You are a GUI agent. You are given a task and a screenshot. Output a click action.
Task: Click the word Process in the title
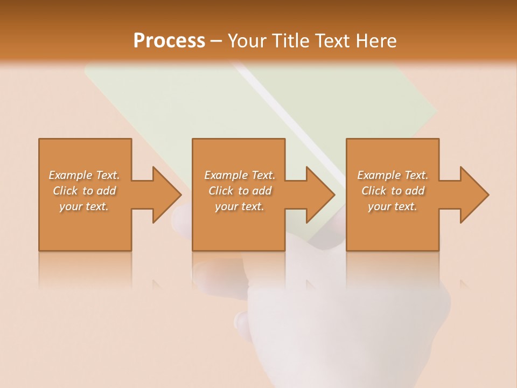pyautogui.click(x=169, y=40)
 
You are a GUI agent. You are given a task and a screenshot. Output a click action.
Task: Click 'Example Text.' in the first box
pyautogui.click(x=84, y=175)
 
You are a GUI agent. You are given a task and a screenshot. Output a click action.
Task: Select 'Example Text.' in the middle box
pyautogui.click(x=240, y=175)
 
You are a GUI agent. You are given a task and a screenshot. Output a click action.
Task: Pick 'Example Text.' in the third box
pyautogui.click(x=393, y=175)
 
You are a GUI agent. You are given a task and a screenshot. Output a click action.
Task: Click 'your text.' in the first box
pyautogui.click(x=84, y=206)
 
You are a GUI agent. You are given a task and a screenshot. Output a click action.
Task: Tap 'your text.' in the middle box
pyautogui.click(x=240, y=206)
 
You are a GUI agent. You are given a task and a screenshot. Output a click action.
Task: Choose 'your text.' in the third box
pyautogui.click(x=393, y=206)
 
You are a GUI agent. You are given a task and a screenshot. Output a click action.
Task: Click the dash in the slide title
pyautogui.click(x=216, y=41)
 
